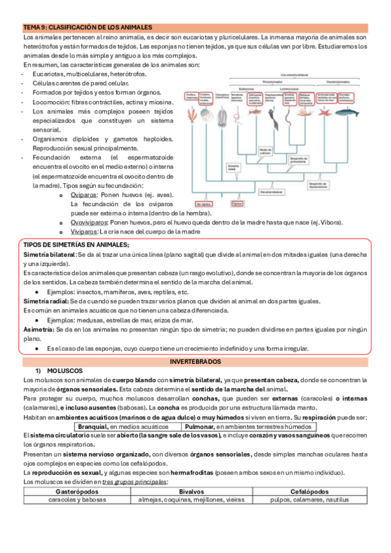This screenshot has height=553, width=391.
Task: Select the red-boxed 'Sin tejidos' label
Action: click(x=203, y=204)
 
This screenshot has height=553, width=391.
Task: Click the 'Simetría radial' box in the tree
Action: click(x=235, y=168)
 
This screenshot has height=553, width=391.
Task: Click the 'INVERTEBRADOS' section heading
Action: click(x=195, y=361)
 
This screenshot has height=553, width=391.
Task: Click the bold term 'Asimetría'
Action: click(x=38, y=331)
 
